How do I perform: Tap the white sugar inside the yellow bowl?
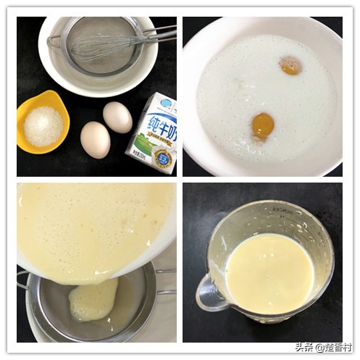point(43,126)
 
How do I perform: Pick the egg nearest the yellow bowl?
point(95,139)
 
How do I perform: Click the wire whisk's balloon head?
point(101,49)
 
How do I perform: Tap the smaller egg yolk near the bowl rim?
point(291,65)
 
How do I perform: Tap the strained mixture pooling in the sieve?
point(93,299)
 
